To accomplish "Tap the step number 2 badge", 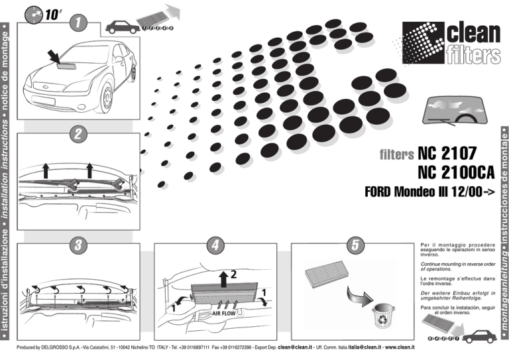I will [x=78, y=133].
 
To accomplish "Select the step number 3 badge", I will [x=78, y=244].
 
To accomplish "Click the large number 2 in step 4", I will [x=234, y=274].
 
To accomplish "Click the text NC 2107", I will [x=447, y=154].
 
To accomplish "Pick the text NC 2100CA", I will [x=457, y=173].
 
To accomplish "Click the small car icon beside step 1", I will [x=123, y=27].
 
